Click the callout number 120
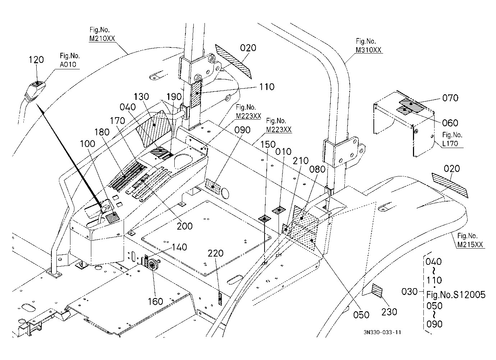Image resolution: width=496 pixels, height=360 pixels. pos(36,60)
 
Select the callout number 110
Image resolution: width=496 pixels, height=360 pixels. pos(267,87)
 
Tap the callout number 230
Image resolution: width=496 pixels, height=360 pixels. pos(389,312)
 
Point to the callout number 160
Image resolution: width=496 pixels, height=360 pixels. pos(155,301)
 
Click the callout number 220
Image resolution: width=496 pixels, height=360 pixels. pos(216,253)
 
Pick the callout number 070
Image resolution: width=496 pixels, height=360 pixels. pos(450,98)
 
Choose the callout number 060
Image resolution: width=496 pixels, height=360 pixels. pos(450,123)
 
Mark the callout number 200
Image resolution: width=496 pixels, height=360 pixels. pos(185,226)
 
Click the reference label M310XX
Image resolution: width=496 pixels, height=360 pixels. pos(368,50)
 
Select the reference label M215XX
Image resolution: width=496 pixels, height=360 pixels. pos(470,244)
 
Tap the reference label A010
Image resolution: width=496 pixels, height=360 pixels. pos(68,64)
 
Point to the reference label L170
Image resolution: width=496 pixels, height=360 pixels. pos(450,144)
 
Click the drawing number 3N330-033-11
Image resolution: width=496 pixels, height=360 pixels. pos(382,332)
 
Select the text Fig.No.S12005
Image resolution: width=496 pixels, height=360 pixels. pos(456,295)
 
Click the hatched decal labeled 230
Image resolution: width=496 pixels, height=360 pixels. pos(377,291)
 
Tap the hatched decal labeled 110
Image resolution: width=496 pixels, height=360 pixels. pos(196,94)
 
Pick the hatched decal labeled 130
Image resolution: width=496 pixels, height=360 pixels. pos(154,128)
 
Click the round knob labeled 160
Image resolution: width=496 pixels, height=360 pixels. pos(152,264)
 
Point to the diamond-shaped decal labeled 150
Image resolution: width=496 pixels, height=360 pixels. pos(265,219)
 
